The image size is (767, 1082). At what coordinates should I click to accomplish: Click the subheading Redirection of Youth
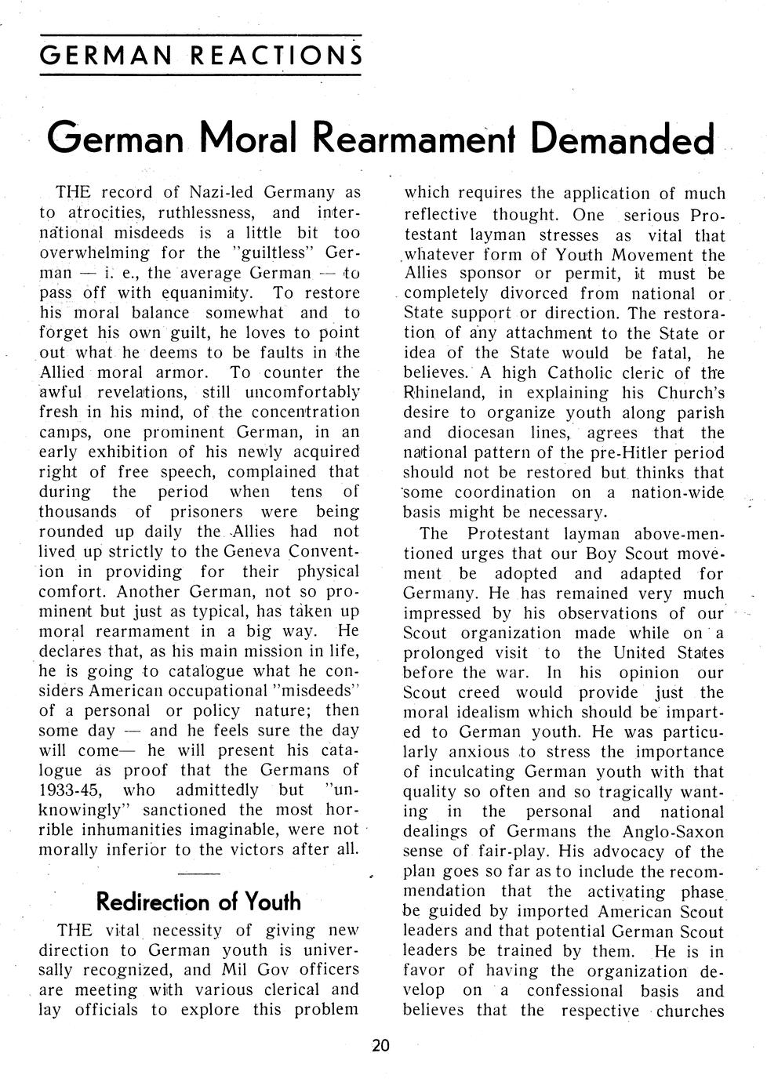click(x=198, y=902)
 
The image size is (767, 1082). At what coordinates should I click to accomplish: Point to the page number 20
click(x=380, y=1045)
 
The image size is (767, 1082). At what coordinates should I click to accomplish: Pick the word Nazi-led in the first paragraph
click(x=220, y=192)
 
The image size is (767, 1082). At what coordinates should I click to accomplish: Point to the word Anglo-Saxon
click(x=676, y=832)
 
